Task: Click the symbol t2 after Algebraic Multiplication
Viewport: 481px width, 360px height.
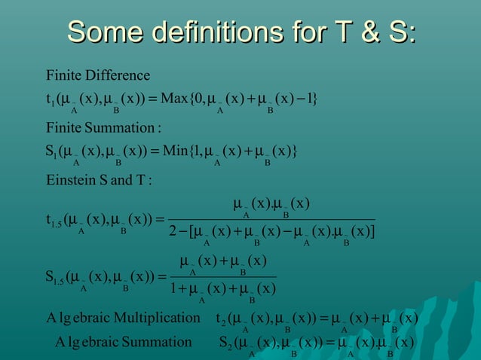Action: click(221, 319)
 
